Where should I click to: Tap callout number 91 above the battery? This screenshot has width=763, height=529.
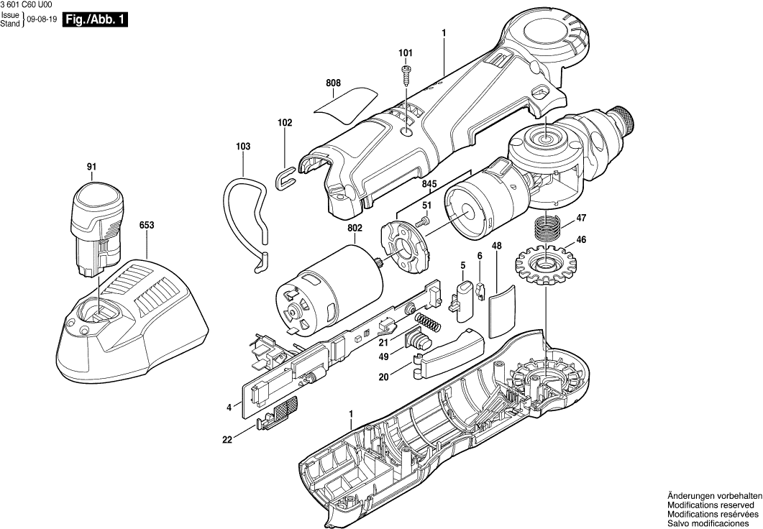coord(91,167)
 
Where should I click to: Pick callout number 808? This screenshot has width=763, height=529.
coord(332,83)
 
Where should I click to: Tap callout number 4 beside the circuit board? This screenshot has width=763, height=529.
coord(229,408)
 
